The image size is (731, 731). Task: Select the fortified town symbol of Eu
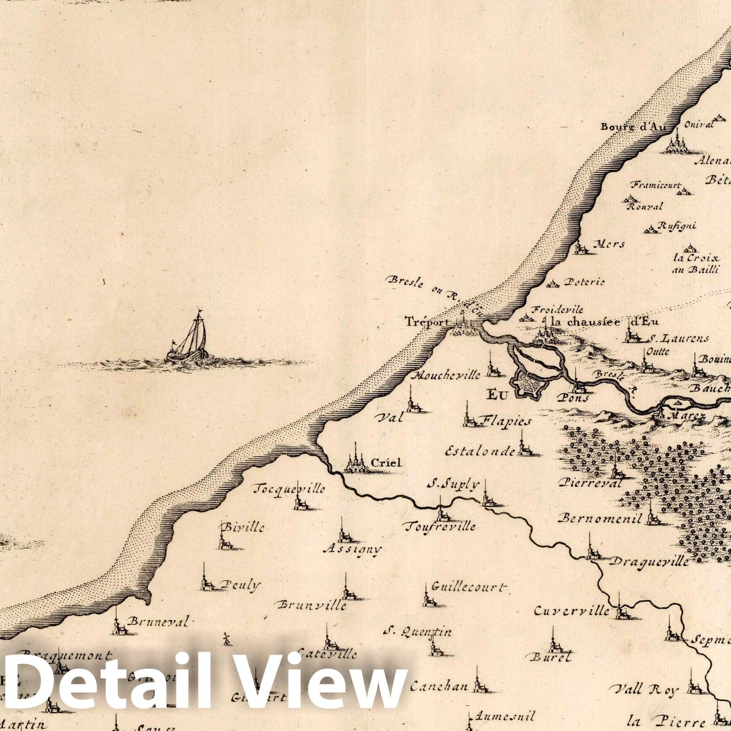click(x=530, y=384)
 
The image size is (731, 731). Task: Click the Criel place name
click(x=386, y=463)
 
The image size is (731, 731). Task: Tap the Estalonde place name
click(x=480, y=451)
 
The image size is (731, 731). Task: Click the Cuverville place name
click(x=572, y=610)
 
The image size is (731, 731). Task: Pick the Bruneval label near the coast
click(x=158, y=621)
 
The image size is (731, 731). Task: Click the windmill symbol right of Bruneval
click(x=225, y=638)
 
